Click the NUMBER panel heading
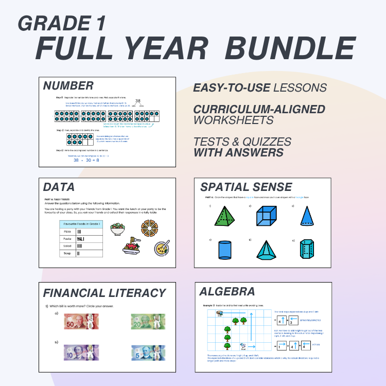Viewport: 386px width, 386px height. point(68,86)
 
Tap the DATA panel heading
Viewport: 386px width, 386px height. point(59,187)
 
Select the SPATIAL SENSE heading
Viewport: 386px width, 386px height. point(246,187)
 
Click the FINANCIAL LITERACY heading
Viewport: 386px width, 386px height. point(104,293)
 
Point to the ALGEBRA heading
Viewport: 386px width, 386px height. point(227,292)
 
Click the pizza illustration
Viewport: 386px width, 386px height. point(151,227)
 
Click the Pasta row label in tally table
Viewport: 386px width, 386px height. point(67,239)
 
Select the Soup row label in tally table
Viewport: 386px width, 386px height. point(66,253)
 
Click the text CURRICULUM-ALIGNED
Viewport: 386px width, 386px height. point(259,109)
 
